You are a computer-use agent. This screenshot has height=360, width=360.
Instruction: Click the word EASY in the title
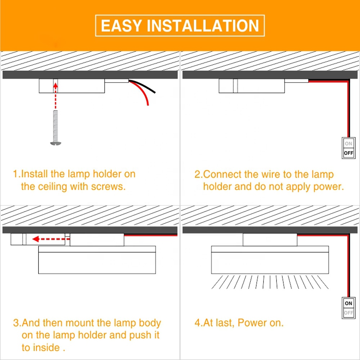(x=121, y=26)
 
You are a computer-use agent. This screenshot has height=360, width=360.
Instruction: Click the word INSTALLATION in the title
(x=203, y=26)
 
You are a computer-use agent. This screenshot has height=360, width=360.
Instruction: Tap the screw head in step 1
(x=55, y=144)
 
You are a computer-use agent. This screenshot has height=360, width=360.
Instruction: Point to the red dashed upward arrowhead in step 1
(x=55, y=86)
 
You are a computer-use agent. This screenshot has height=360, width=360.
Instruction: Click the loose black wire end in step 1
(x=155, y=93)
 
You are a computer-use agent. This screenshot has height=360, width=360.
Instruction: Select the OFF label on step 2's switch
(x=348, y=153)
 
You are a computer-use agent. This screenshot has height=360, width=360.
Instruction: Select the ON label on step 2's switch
(x=348, y=144)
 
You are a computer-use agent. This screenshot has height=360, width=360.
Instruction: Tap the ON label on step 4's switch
(x=348, y=303)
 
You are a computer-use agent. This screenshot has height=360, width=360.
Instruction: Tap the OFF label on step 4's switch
(x=348, y=313)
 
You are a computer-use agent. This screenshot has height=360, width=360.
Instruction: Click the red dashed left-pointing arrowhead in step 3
(x=36, y=239)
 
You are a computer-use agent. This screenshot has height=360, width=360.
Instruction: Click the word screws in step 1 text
(x=108, y=186)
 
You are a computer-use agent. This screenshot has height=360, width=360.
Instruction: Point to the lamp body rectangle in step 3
(x=97, y=260)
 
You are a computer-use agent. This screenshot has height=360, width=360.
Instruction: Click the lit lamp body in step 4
(x=270, y=260)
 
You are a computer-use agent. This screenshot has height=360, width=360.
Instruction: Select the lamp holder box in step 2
(x=252, y=86)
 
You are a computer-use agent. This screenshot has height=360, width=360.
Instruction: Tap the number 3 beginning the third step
(x=15, y=323)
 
